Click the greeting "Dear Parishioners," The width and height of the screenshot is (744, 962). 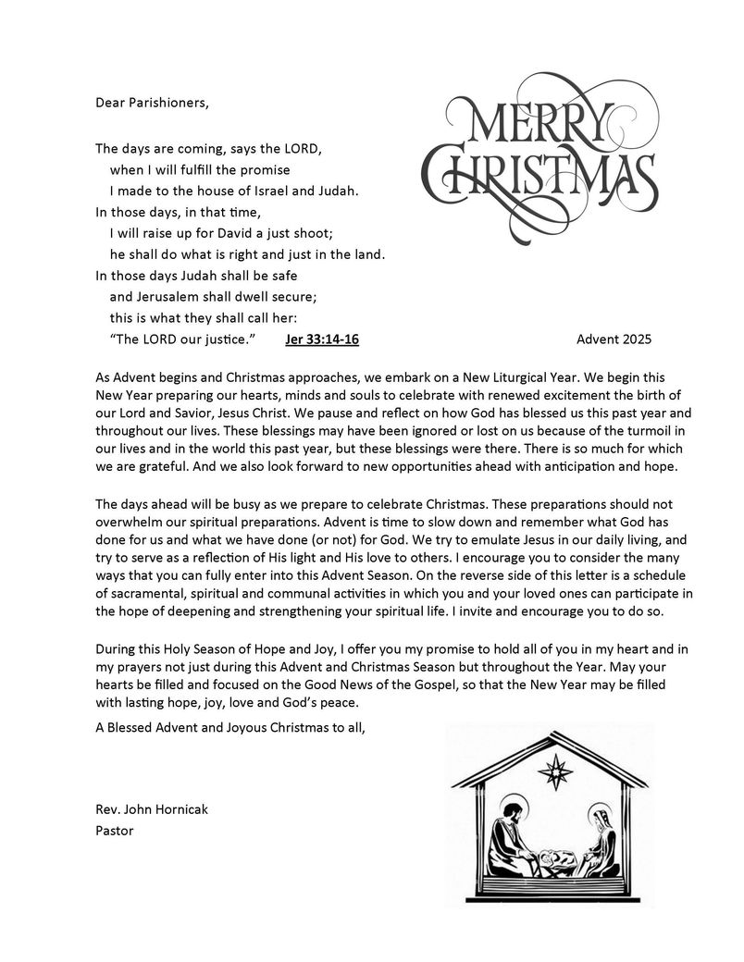[152, 102]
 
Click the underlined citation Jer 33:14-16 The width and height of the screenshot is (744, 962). [322, 339]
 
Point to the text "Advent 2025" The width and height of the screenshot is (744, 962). [614, 339]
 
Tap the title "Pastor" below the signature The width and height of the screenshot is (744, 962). [115, 831]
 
